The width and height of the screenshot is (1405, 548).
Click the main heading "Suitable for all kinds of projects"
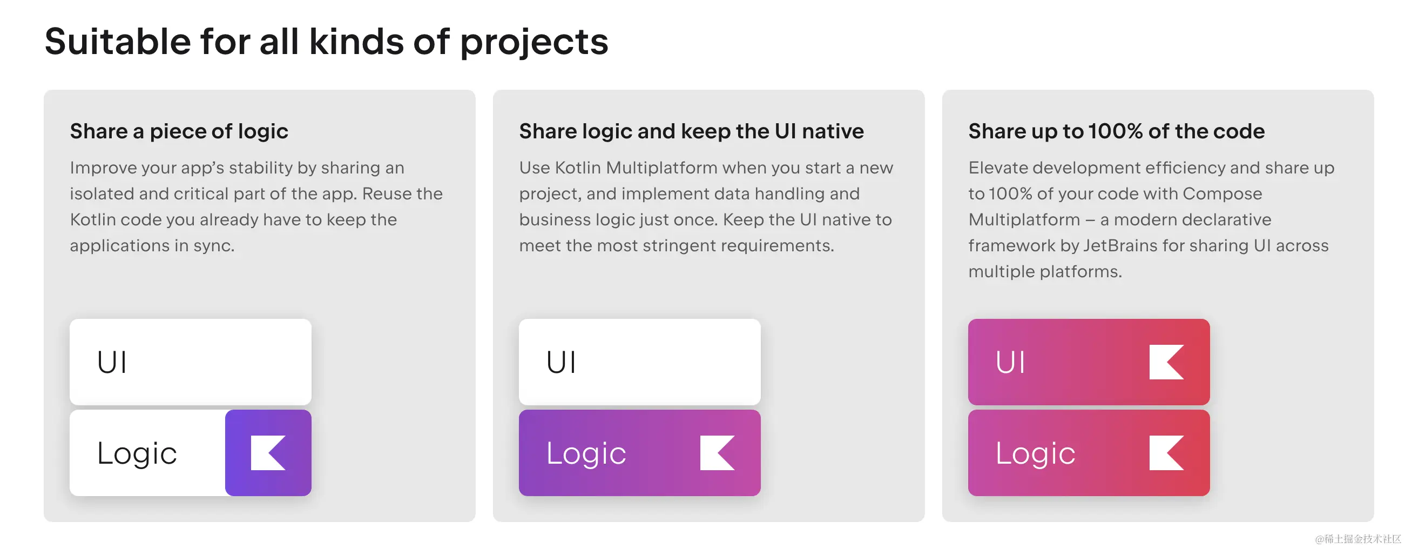(326, 42)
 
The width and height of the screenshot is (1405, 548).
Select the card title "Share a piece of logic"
(179, 131)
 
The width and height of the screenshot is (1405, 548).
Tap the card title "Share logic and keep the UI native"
(691, 131)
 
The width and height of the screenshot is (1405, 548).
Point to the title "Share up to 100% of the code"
(1116, 131)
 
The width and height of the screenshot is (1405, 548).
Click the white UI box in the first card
(191, 362)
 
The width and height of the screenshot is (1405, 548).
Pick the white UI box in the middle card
(639, 362)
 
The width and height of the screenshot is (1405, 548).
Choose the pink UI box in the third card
(1089, 362)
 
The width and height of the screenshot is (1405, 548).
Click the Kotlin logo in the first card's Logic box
(268, 452)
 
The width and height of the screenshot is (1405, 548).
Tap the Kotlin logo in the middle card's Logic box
(717, 452)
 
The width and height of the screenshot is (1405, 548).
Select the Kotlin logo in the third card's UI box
(1166, 362)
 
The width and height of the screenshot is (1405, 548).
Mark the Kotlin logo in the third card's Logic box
(1166, 452)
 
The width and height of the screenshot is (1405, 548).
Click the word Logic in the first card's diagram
(137, 454)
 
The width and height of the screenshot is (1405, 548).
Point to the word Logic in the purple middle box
(586, 454)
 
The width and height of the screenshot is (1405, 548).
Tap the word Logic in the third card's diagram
(1035, 454)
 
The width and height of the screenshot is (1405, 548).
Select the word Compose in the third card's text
(1222, 195)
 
